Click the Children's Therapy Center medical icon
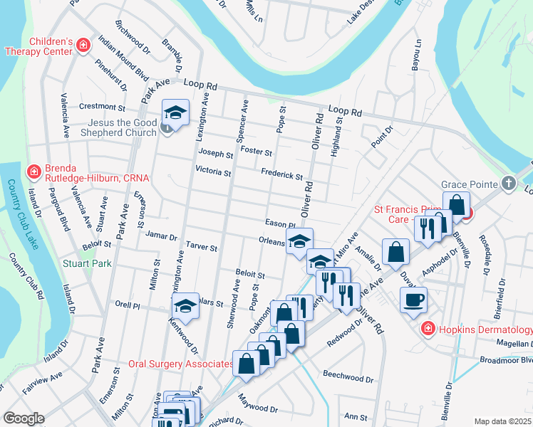pyautogui.click(x=83, y=46)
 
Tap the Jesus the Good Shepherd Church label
pyautogui.click(x=118, y=127)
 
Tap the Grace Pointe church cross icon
pyautogui.click(x=508, y=183)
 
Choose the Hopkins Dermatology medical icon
pyautogui.click(x=427, y=330)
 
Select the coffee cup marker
pyautogui.click(x=413, y=300)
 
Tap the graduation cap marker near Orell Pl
pyautogui.click(x=186, y=306)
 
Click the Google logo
pyautogui.click(x=24, y=418)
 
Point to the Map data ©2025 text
pyautogui.click(x=502, y=421)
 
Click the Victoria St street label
pyautogui.click(x=213, y=172)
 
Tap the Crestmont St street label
pyautogui.click(x=102, y=107)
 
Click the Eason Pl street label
pyautogui.click(x=280, y=223)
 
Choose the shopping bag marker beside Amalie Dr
pyautogui.click(x=395, y=252)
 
